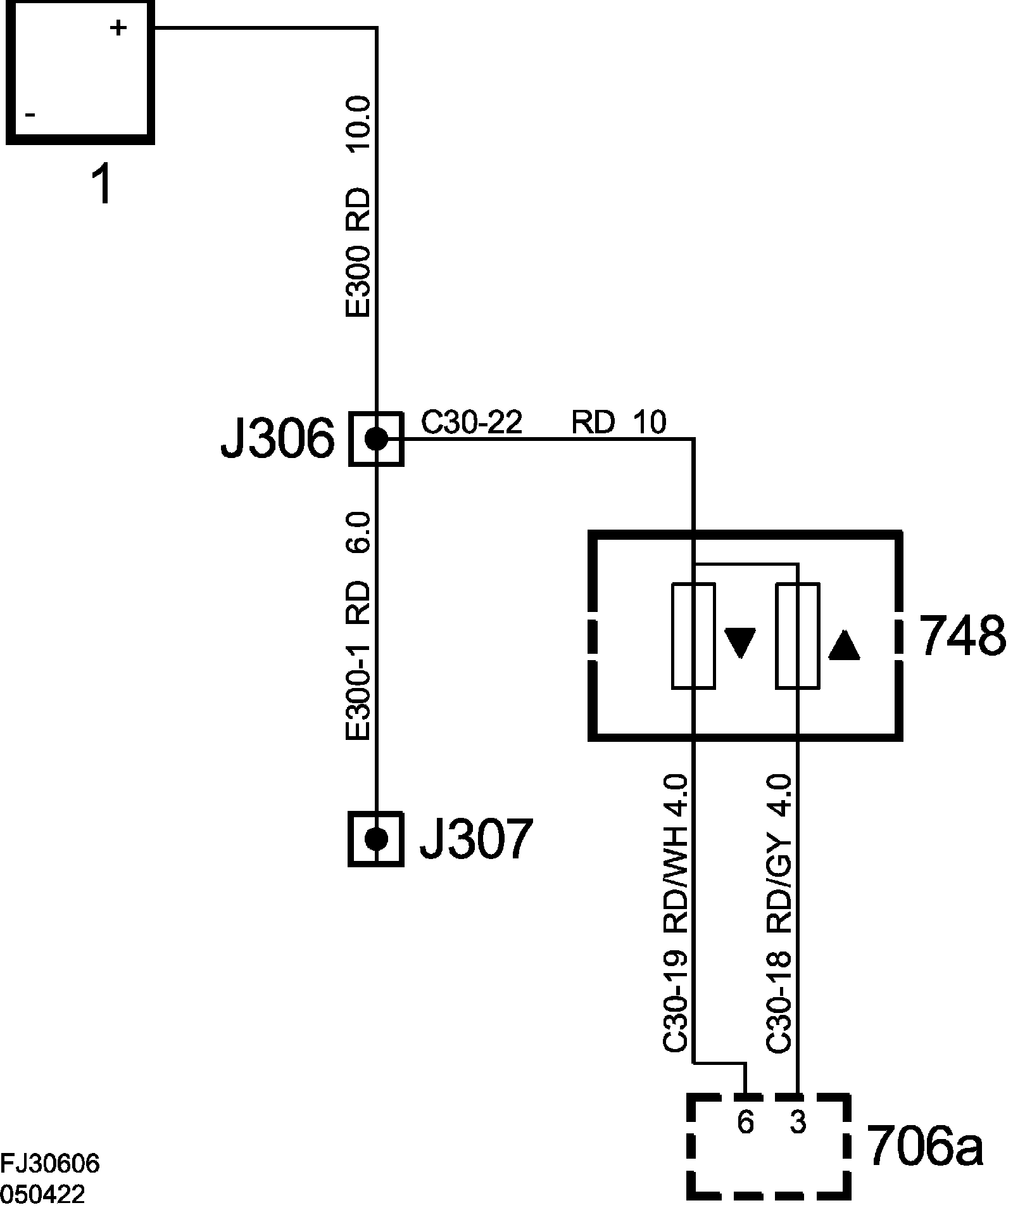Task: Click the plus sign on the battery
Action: [x=118, y=28]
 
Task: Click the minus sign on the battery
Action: [x=30, y=115]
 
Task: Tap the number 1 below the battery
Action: [x=102, y=185]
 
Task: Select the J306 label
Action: [x=277, y=439]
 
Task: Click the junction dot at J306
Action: [x=377, y=438]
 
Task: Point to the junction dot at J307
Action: [x=377, y=839]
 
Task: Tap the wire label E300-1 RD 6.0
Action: [x=358, y=627]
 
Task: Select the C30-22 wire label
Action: [x=472, y=423]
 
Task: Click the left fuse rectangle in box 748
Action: [x=693, y=635]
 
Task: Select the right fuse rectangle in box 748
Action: [x=798, y=635]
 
